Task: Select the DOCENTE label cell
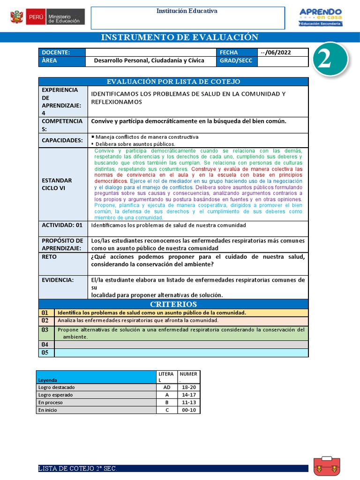point(62,52)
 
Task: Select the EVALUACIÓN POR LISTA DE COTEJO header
point(173,82)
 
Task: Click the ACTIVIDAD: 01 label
point(62,225)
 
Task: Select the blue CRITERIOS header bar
point(173,304)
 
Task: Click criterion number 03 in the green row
point(45,330)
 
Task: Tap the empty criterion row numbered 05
point(45,353)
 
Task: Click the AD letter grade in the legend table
point(166,387)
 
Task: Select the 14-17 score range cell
point(189,395)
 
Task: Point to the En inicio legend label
point(47,410)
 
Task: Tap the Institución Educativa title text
point(187,11)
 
